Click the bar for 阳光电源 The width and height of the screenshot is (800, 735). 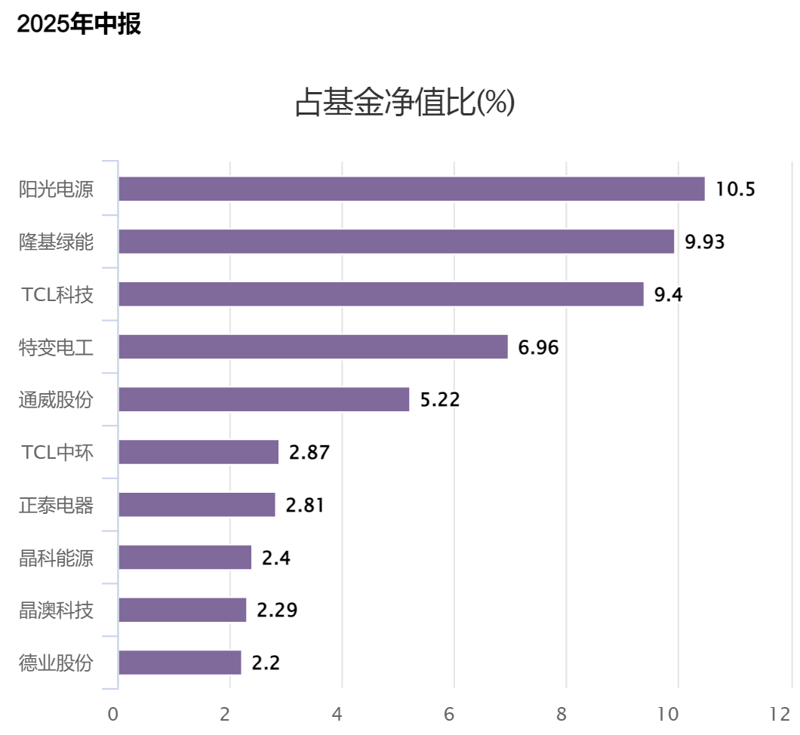(x=411, y=189)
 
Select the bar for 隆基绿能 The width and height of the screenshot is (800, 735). (x=396, y=241)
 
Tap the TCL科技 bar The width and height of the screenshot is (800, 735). (x=381, y=294)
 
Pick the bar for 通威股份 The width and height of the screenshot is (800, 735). (x=264, y=399)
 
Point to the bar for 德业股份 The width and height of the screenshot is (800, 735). (x=180, y=663)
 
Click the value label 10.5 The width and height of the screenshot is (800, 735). (x=735, y=189)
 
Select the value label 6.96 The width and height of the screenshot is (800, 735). (x=538, y=347)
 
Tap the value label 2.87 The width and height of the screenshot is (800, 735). (x=309, y=453)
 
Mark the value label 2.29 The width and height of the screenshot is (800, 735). (x=277, y=610)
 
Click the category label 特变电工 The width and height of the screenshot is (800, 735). (x=57, y=347)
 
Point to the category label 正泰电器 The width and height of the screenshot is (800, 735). (x=57, y=505)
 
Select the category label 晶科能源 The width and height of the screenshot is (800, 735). (x=57, y=558)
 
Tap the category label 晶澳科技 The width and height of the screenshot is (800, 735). (x=57, y=610)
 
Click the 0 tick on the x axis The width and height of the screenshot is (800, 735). (x=113, y=714)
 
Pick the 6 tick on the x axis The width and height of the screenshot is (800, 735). (x=450, y=714)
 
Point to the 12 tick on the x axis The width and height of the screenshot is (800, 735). (x=780, y=714)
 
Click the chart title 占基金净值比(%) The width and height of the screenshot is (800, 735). (x=405, y=103)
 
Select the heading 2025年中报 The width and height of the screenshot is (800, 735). (x=78, y=24)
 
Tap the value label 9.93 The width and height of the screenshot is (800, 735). (x=704, y=242)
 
